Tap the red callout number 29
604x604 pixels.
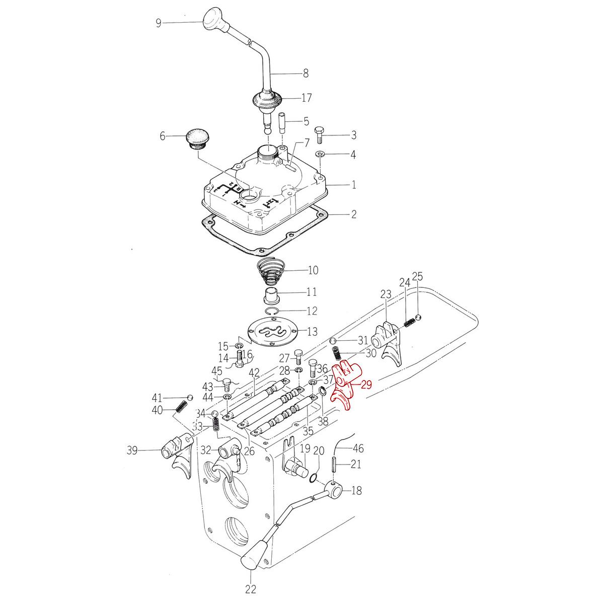coord(366,385)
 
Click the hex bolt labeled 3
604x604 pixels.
coord(319,135)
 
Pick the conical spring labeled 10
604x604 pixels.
coord(270,272)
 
